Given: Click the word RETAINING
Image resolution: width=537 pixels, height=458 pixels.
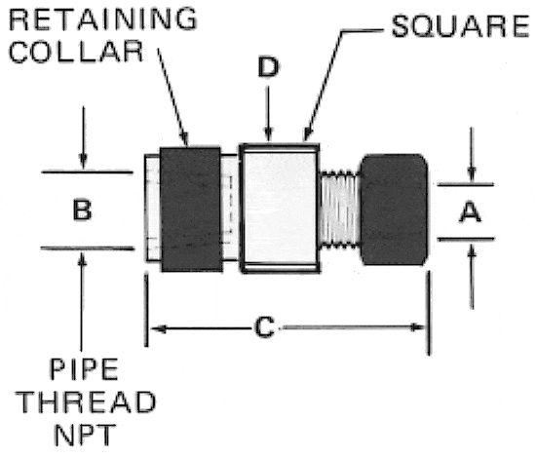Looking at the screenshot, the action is point(103,19).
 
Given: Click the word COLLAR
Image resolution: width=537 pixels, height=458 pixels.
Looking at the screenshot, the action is point(76,51).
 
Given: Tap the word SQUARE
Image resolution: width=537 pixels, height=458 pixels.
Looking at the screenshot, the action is point(461,26).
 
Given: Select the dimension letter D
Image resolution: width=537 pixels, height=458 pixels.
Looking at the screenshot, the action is point(268,67).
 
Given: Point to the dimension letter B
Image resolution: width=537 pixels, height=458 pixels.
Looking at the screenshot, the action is point(83,210).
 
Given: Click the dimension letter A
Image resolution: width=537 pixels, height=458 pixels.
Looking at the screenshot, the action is point(470,212).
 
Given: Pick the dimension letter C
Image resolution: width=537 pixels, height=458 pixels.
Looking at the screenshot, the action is point(264,327).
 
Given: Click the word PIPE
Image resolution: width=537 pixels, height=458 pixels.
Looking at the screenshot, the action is point(84,369).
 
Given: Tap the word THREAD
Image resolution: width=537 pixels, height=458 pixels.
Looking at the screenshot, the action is point(86,401).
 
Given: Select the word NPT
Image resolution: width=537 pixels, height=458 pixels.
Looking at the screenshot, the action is point(85,435).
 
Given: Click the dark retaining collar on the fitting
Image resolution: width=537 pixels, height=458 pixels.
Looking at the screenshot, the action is point(191,210).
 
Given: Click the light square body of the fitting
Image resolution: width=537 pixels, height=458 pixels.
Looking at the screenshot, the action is point(280,209).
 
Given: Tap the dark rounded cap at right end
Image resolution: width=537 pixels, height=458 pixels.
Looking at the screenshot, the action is point(394,210).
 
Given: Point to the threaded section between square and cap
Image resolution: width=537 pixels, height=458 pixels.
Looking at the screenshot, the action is point(340,209).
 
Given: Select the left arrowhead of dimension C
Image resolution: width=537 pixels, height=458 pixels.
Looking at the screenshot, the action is point(158,329).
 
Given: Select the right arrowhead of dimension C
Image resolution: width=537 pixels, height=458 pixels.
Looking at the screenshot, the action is point(418,327).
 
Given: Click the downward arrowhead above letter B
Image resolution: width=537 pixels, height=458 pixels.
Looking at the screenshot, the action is point(83,161).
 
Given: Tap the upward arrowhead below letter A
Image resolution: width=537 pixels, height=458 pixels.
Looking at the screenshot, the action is point(473,251).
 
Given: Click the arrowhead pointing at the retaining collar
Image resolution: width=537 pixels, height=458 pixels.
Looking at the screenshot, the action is point(184,138).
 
